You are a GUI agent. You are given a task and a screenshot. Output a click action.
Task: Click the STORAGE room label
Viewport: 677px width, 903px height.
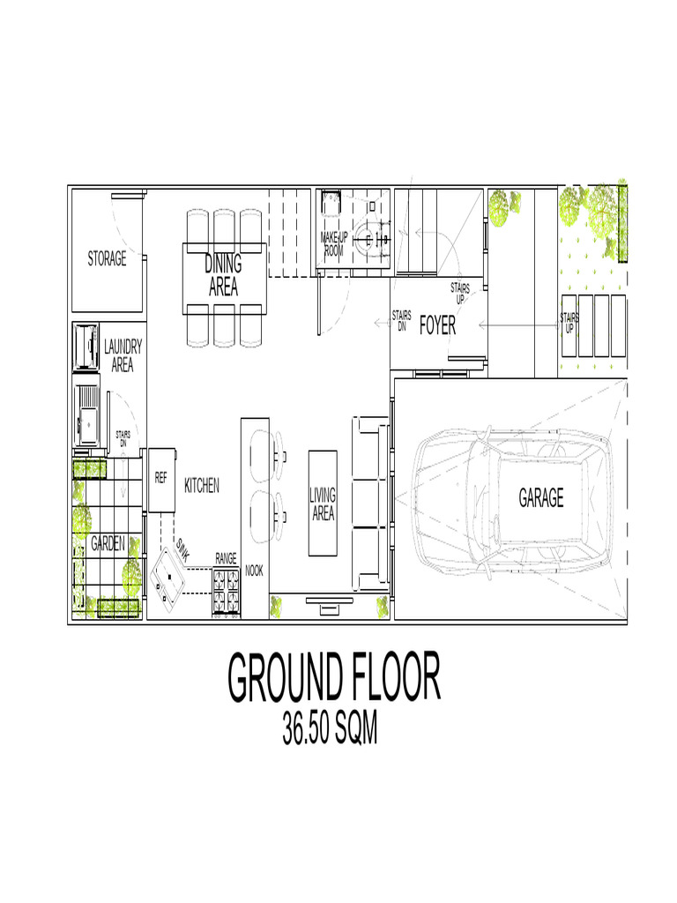coord(107,258)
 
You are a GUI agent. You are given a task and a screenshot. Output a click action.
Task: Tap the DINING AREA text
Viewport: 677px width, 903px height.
coord(223,275)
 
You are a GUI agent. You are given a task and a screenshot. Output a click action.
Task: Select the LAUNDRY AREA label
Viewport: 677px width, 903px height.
coord(123,356)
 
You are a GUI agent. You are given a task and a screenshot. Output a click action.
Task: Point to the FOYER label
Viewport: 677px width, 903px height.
coord(437,326)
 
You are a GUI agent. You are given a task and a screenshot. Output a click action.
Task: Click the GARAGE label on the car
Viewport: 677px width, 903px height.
coord(540,498)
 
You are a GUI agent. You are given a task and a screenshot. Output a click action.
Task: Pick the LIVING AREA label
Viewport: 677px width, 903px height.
coord(323,504)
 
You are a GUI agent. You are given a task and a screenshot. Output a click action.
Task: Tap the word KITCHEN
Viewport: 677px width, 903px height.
coord(202,485)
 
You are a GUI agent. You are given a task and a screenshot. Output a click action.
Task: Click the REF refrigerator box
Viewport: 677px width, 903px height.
coord(161,479)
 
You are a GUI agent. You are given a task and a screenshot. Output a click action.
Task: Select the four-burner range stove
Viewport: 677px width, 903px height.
coord(226,591)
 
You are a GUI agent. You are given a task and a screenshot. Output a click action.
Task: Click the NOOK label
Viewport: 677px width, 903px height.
coord(254,571)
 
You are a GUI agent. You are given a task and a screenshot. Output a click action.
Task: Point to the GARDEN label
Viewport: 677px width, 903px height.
coord(108,545)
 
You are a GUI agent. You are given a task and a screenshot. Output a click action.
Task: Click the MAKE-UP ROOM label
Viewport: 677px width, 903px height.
coord(334,244)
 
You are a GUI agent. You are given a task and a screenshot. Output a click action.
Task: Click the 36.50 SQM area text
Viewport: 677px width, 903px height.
coord(330,729)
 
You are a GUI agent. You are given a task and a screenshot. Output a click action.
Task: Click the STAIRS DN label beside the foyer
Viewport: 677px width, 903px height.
coord(401,320)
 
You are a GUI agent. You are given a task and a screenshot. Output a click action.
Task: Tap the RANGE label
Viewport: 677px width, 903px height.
coord(226,559)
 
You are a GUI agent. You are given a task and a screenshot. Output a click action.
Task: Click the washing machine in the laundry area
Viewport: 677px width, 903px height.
coord(86,347)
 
